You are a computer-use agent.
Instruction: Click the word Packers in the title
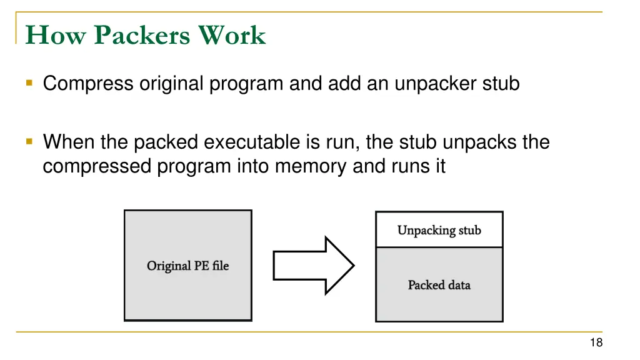(x=142, y=35)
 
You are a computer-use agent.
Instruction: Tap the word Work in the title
(x=232, y=35)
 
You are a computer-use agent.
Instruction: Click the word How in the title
(x=56, y=35)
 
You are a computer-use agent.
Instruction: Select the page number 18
(x=596, y=342)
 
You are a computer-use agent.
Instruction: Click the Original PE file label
(x=187, y=266)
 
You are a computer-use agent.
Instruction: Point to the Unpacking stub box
(x=439, y=229)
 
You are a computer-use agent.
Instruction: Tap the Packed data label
(x=439, y=285)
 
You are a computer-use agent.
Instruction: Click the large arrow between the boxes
(x=314, y=265)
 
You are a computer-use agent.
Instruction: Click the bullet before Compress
(x=29, y=83)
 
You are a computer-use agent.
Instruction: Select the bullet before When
(x=29, y=142)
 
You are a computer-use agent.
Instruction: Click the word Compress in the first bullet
(x=87, y=84)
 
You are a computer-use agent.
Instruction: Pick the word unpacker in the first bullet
(x=435, y=84)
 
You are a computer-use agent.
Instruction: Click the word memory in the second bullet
(x=311, y=166)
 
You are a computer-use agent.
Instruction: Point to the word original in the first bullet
(x=171, y=84)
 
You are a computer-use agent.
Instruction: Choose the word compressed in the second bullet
(x=97, y=166)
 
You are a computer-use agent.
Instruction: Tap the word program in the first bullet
(x=246, y=84)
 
